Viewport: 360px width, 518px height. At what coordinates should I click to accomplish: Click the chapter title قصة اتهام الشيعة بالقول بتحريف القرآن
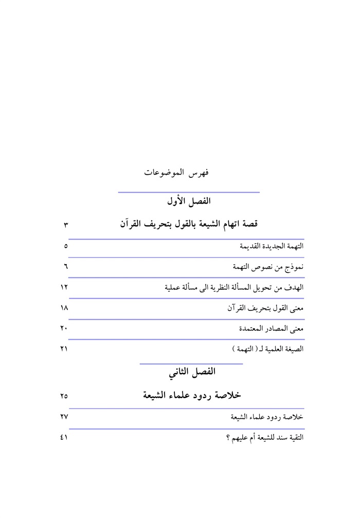pos(189,224)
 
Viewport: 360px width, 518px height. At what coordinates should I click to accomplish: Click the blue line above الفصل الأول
pos(189,192)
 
